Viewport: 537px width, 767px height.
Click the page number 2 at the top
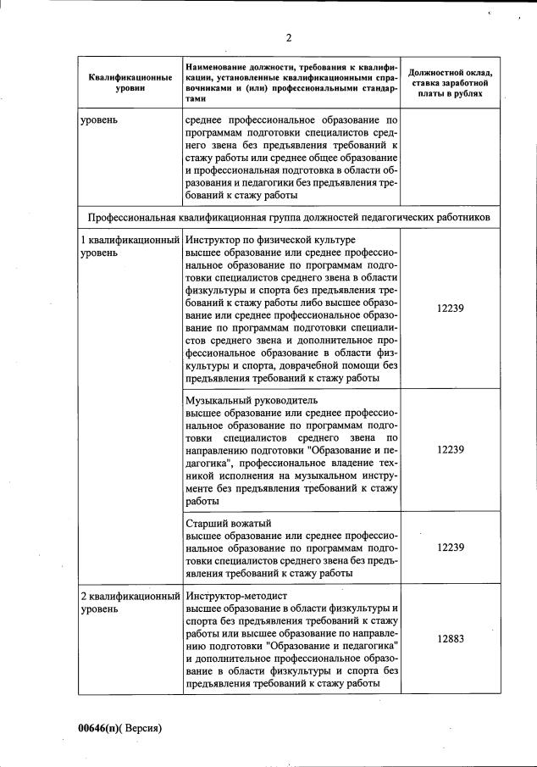(x=288, y=37)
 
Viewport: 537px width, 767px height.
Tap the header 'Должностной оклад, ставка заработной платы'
(x=450, y=82)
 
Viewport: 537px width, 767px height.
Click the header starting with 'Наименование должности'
(x=291, y=81)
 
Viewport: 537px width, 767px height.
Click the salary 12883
(x=450, y=640)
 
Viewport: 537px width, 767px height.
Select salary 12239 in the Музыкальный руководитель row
(x=450, y=450)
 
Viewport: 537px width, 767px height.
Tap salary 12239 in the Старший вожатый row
(x=450, y=547)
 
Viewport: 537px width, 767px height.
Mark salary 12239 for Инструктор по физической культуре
(x=450, y=309)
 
